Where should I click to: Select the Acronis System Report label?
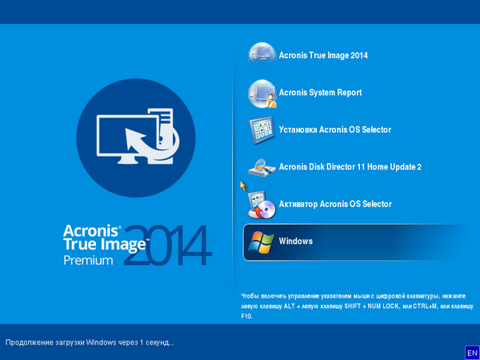click(x=320, y=93)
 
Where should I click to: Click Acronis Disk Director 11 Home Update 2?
click(x=350, y=166)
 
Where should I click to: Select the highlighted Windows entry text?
click(x=296, y=241)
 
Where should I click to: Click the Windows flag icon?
click(x=261, y=242)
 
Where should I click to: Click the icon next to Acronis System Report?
click(x=262, y=93)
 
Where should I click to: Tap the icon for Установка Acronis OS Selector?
click(x=262, y=130)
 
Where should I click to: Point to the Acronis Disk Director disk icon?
click(x=262, y=167)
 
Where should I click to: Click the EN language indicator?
click(x=471, y=352)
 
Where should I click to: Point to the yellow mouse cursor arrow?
click(x=243, y=186)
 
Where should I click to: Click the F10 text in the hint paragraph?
click(x=246, y=317)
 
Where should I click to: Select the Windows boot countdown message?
click(x=90, y=342)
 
